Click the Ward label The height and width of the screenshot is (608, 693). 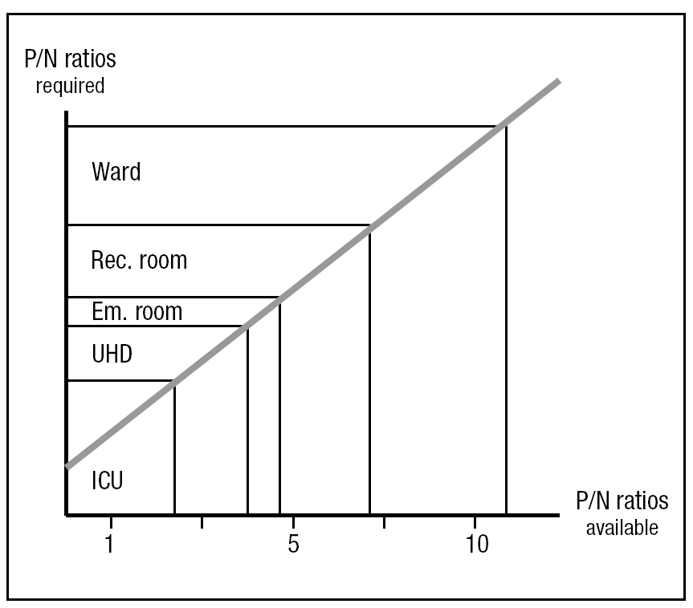(x=116, y=172)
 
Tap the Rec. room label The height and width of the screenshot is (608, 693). (x=139, y=261)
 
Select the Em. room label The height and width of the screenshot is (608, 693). (x=137, y=310)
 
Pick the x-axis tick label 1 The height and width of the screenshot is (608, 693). (x=109, y=543)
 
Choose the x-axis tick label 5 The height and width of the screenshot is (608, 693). (x=293, y=543)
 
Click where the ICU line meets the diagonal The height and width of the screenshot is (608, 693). (x=174, y=381)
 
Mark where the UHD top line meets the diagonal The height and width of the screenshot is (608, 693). (x=247, y=326)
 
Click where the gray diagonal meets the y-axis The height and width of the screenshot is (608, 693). (x=67, y=466)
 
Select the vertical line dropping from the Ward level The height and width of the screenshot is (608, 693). (x=506, y=321)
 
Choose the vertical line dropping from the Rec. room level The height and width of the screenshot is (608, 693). (x=369, y=369)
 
